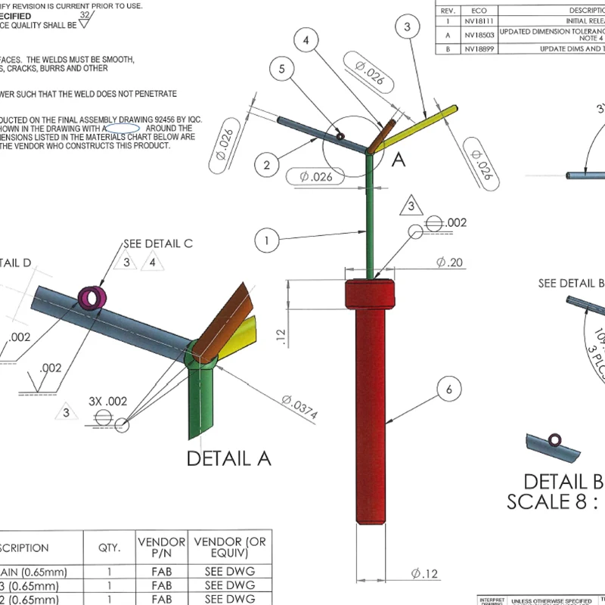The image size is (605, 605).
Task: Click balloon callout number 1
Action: click(267, 242)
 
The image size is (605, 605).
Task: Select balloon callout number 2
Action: click(267, 163)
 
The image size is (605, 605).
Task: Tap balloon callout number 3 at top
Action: click(407, 27)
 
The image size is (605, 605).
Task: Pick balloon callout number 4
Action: click(305, 42)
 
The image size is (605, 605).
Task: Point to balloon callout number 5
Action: click(282, 70)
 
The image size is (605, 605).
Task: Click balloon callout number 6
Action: click(448, 389)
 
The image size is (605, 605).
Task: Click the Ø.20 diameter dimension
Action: click(449, 262)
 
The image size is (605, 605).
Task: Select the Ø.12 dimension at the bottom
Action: click(425, 574)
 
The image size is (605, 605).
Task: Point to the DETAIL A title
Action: click(228, 458)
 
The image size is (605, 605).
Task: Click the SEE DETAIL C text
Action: click(159, 244)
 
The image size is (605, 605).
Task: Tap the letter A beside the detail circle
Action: click(398, 159)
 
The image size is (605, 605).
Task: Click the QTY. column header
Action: click(109, 548)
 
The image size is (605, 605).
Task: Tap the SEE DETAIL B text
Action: click(572, 284)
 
